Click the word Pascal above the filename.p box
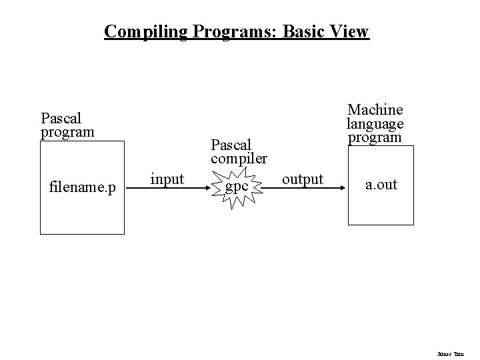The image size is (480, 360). tap(61, 118)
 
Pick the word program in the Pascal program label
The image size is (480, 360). tap(67, 131)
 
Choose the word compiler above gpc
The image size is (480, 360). tap(239, 159)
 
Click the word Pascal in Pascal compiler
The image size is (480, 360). tap(231, 145)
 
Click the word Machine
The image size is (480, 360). tap(375, 109)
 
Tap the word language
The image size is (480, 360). tap(375, 123)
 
